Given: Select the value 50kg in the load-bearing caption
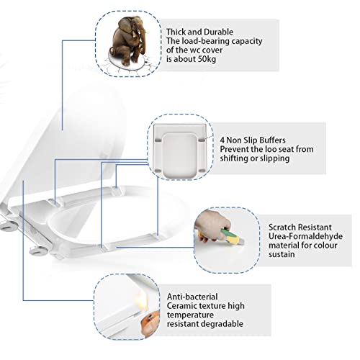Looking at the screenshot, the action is (x=207, y=59).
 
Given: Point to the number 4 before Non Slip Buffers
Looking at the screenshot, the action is (x=222, y=140).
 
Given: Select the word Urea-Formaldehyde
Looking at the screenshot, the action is (x=305, y=236).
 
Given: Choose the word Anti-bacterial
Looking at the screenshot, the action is (x=192, y=297).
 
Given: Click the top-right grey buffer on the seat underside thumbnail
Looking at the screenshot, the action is (x=202, y=140).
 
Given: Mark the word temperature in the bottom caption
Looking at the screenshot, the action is (x=190, y=315).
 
